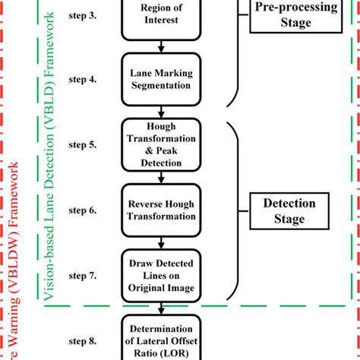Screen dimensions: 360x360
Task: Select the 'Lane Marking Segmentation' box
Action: (160, 79)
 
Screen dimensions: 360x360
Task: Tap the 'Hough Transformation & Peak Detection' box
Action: (160, 142)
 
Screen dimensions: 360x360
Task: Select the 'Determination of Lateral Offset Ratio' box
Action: (160, 339)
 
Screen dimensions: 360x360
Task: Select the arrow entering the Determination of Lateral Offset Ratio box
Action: (160, 308)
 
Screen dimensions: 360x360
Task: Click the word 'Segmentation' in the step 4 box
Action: (160, 86)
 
